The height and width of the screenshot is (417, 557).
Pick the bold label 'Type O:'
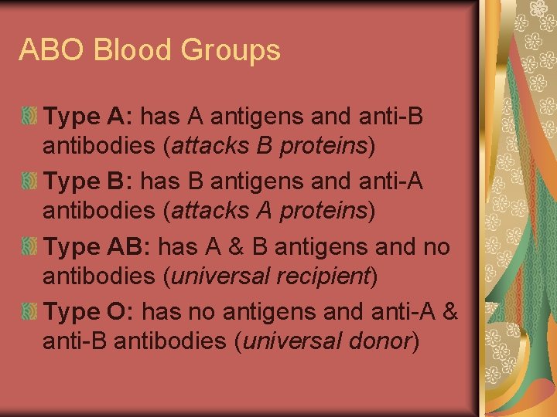pyautogui.click(x=90, y=313)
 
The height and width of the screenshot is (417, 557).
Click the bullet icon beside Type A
pyautogui.click(x=29, y=117)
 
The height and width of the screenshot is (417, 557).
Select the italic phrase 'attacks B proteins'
pyautogui.click(x=269, y=144)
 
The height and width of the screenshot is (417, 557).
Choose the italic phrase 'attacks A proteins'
pyautogui.click(x=269, y=210)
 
